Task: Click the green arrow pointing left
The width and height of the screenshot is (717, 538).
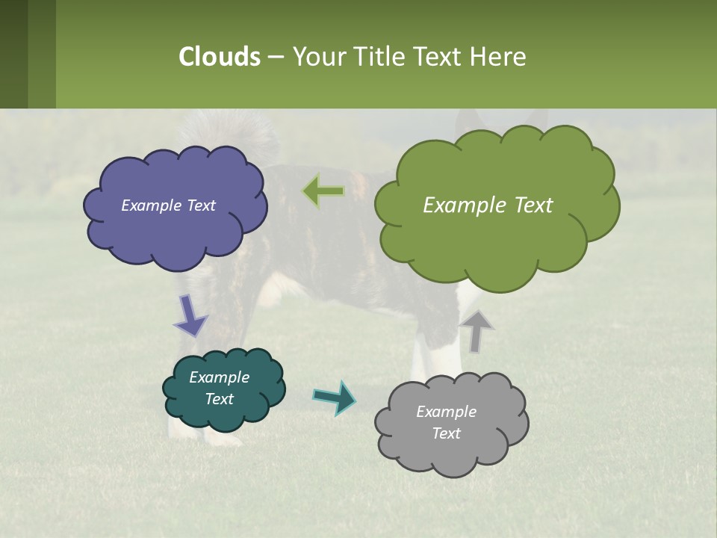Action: (x=323, y=191)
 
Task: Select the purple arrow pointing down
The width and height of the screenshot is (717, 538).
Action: (x=190, y=316)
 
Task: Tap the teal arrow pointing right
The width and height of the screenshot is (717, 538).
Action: (x=335, y=397)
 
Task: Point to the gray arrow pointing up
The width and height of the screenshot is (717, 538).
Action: (x=477, y=330)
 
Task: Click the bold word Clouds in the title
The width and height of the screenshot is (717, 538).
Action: (x=220, y=56)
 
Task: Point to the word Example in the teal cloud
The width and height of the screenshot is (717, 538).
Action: (x=219, y=377)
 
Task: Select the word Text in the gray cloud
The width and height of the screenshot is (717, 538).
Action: (x=446, y=433)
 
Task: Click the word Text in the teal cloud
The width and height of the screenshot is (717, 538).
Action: (x=219, y=399)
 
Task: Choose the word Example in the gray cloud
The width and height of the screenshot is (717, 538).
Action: (x=446, y=412)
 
